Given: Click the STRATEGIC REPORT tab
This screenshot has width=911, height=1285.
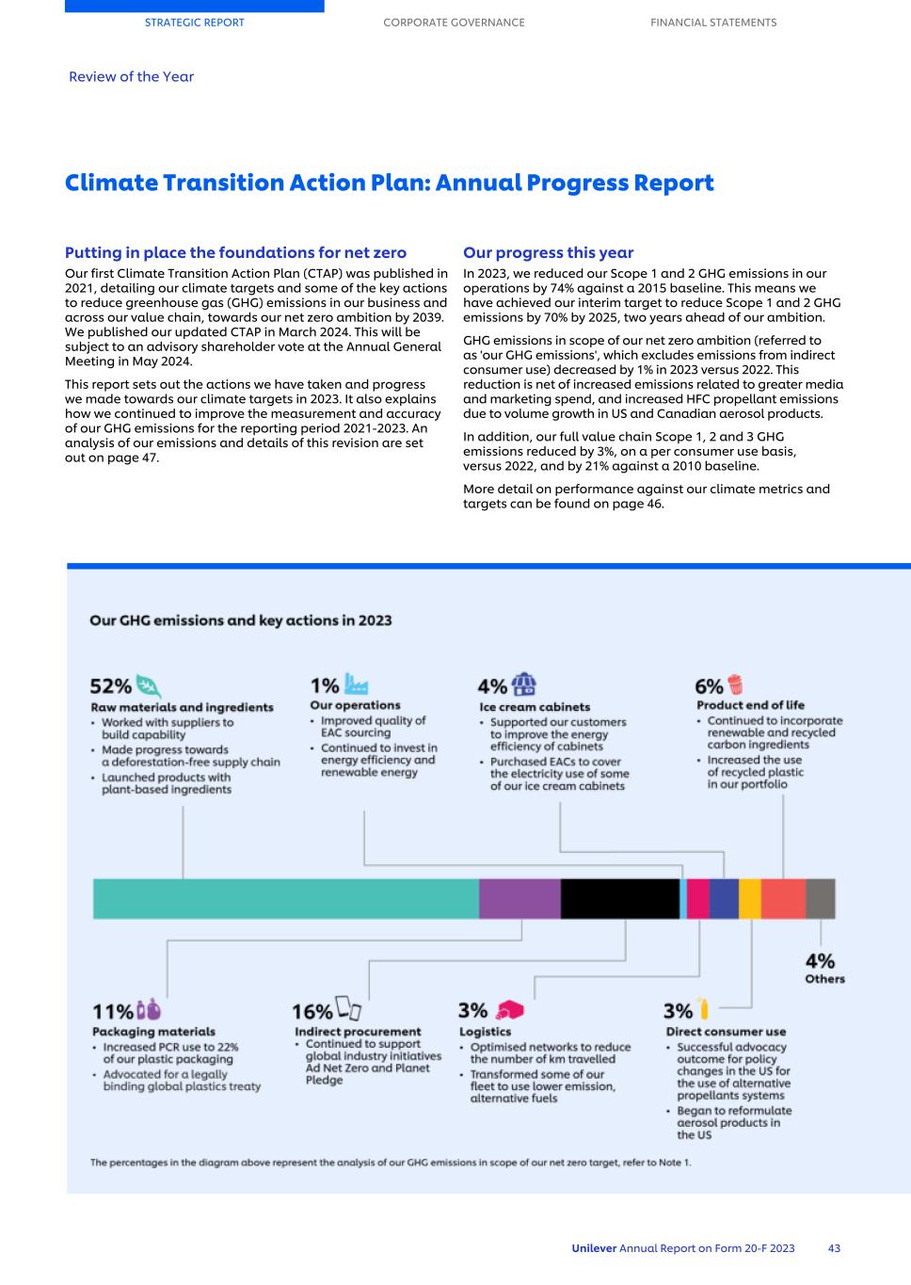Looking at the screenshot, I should coord(194,23).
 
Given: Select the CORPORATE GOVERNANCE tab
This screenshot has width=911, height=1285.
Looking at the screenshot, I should coord(454,23).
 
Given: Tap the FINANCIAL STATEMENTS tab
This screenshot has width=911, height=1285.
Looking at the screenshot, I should coord(713,23).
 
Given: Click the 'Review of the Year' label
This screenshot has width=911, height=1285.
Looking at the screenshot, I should coord(131,77).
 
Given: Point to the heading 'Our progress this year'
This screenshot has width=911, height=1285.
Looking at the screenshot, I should coord(548,252).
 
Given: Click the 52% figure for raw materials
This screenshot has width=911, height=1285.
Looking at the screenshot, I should coord(110,686).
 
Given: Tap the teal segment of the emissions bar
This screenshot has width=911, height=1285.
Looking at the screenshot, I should coord(285,898).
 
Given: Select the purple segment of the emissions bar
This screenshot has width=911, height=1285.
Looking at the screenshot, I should coord(519,898).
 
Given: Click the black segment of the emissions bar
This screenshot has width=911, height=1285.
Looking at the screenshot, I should coord(619,898).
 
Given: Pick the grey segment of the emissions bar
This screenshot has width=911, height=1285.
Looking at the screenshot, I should coord(820,898).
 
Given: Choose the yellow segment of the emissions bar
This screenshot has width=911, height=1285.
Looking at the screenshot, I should coord(749,898).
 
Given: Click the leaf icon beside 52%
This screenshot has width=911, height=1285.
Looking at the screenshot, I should coord(149,685).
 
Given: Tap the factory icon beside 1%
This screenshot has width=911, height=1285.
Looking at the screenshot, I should coord(357,683).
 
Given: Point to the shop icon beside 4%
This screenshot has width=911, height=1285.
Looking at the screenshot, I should coord(524,684).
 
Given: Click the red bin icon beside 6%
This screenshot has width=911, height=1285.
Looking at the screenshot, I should coord(735,684).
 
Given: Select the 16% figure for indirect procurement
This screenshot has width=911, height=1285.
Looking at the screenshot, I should coord(312,1011).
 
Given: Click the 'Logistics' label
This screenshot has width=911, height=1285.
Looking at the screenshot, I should coord(485,1032).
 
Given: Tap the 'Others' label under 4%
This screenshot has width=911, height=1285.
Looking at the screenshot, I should coord(824,979).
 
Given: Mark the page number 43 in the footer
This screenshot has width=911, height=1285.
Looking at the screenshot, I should coord(834,1248).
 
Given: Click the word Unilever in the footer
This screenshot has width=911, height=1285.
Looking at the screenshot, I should coord(594,1248).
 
